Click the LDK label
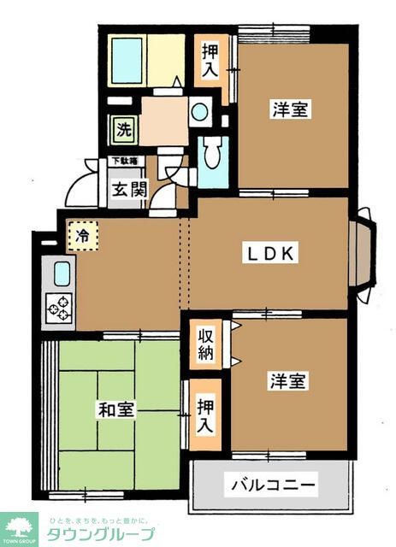point(271,253)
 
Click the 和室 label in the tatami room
point(115,409)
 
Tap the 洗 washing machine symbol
point(124,131)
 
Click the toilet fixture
point(213,159)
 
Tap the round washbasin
point(199,111)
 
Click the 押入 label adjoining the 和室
point(206,414)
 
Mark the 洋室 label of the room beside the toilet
point(291,109)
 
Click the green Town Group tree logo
point(19,528)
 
